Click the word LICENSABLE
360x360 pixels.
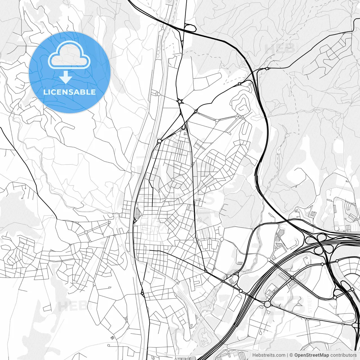click(69, 92)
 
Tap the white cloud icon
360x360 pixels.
click(69, 55)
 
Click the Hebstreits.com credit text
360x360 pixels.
click(269, 355)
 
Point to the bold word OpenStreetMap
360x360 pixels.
click(312, 355)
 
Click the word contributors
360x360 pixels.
click(343, 355)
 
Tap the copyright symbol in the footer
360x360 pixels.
click(291, 355)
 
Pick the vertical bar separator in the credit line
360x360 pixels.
click(287, 355)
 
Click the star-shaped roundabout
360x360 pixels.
click(179, 101)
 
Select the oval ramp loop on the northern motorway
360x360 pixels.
click(190, 28)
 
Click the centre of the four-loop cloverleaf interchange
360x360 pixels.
click(321, 243)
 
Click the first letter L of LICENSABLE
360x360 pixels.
click(45, 92)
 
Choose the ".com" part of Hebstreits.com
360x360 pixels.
click(280, 355)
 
